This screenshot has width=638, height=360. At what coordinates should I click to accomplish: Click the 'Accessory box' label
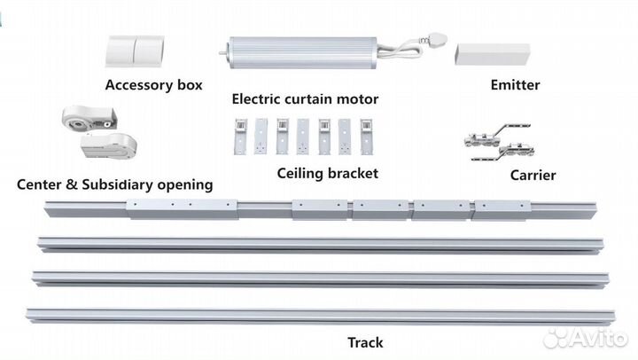[x=153, y=86]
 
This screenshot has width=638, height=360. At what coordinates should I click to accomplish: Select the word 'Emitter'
[x=515, y=86]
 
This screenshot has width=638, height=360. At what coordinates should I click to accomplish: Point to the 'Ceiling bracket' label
[x=327, y=173]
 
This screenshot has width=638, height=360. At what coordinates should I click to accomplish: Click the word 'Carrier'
[x=533, y=175]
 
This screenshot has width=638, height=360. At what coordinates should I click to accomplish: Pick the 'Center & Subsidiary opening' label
[x=115, y=185]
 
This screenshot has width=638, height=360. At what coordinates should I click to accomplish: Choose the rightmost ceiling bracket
[x=366, y=137]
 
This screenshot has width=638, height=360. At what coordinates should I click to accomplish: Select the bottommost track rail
[x=319, y=316]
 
